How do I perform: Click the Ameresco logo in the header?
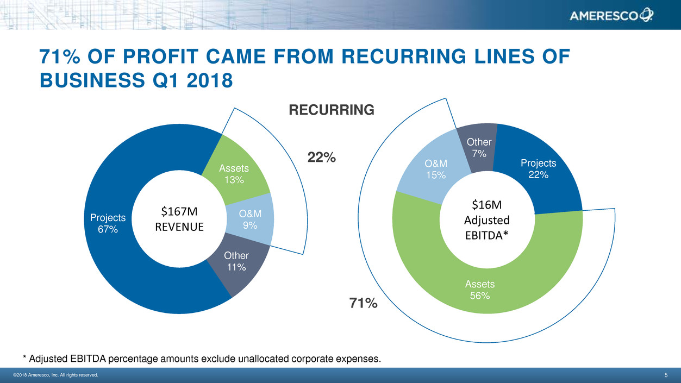point(611,16)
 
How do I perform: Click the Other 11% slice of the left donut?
point(236,261)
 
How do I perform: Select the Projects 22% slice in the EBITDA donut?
point(538,169)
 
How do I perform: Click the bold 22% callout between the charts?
point(321,158)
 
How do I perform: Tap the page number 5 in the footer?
point(666,375)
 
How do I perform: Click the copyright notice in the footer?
point(55,375)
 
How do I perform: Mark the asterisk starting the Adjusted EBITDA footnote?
point(25,359)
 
